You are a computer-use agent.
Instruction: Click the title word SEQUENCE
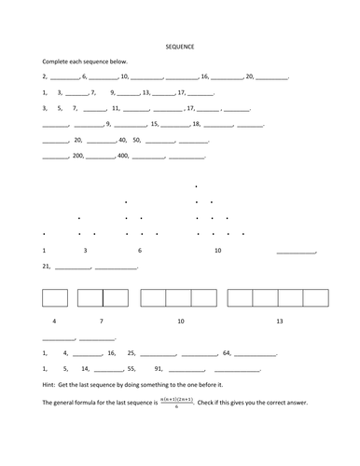tap(180, 45)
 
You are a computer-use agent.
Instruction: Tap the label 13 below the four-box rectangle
tap(279, 321)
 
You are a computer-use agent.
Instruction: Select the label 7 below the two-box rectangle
tap(101, 321)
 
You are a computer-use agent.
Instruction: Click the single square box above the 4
tap(55, 297)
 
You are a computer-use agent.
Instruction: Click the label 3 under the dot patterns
tap(85, 251)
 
